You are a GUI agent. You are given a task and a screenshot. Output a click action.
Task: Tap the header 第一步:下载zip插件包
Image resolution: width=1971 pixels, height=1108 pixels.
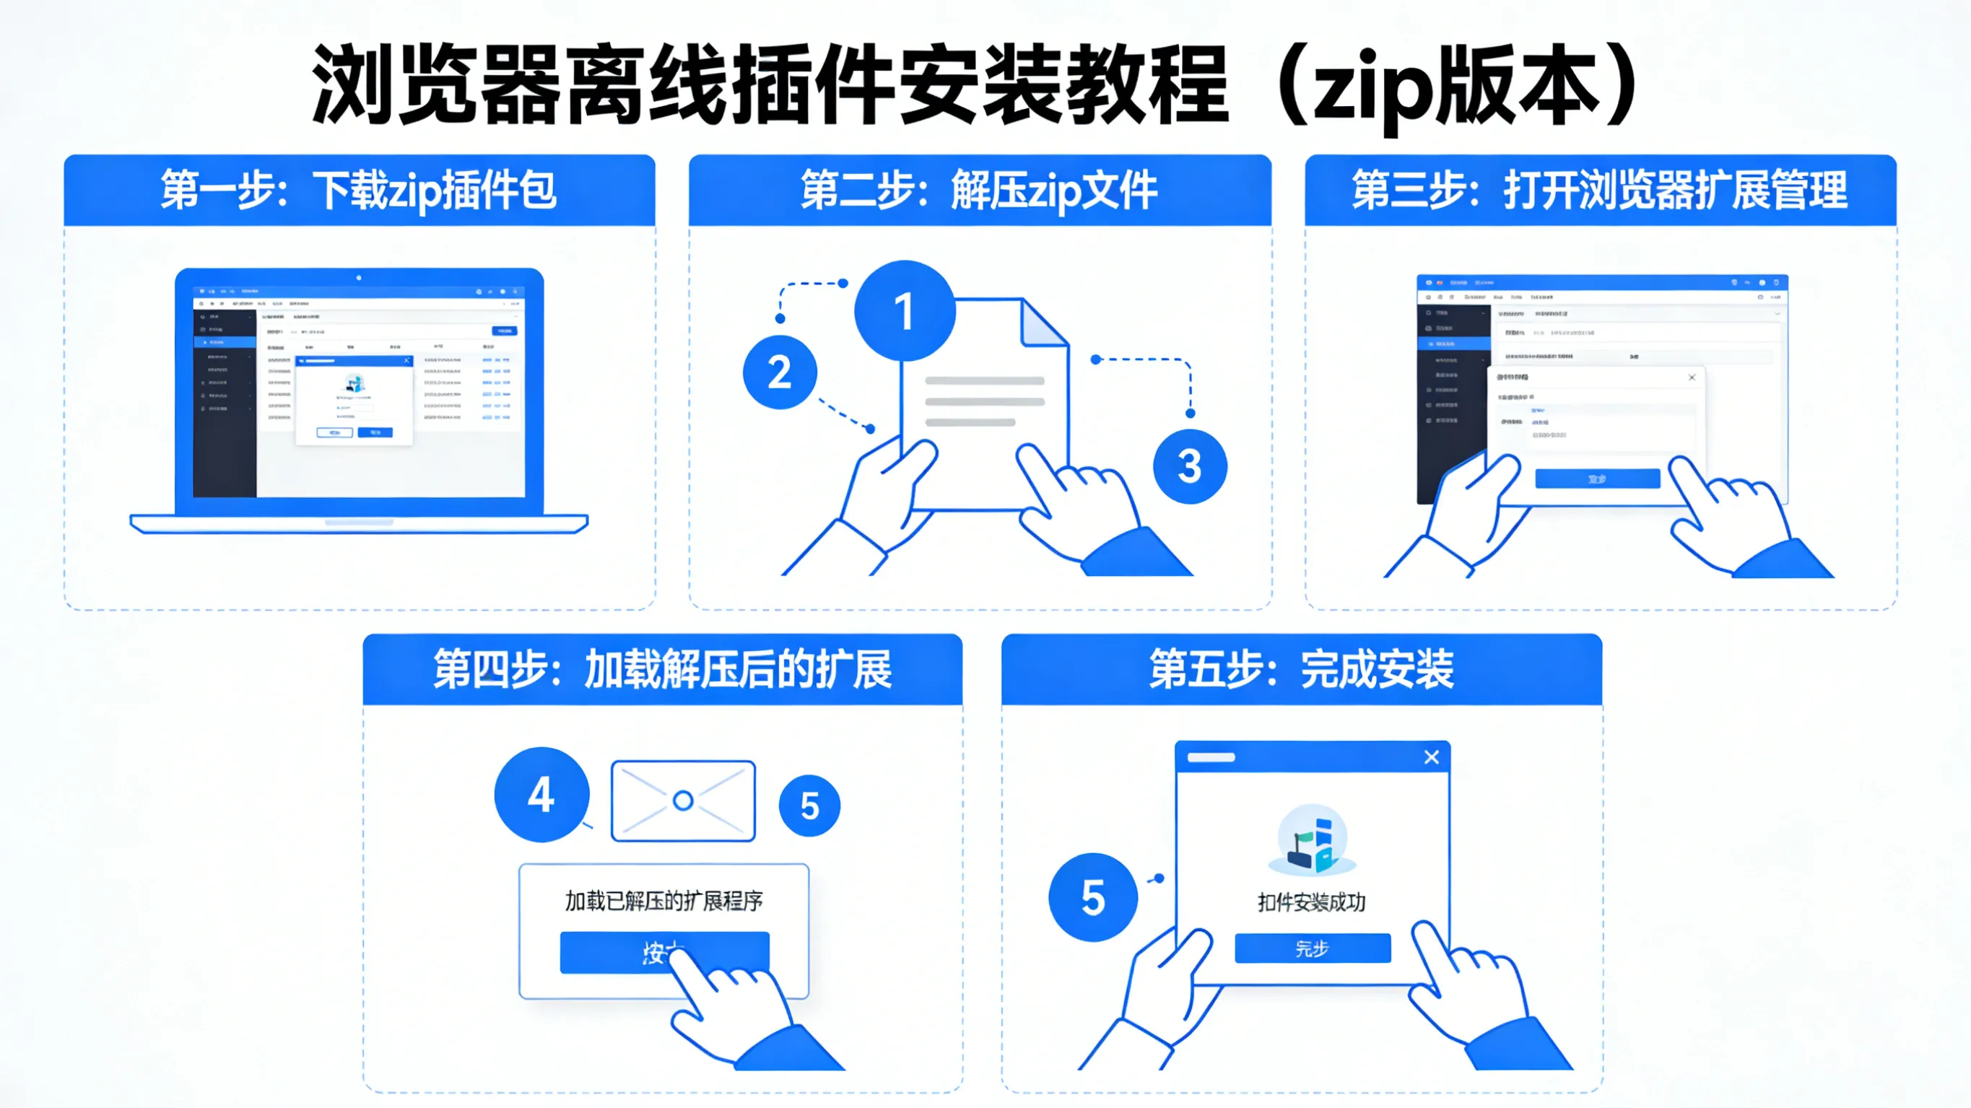(x=359, y=191)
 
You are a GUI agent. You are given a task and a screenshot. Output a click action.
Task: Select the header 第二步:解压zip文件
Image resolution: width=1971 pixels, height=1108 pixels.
(x=980, y=191)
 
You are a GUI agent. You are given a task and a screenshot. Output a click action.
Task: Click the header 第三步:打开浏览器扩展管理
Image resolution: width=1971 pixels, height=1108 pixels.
(x=1600, y=191)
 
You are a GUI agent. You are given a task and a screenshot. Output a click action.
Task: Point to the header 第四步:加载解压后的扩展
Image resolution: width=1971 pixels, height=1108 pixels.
(x=663, y=670)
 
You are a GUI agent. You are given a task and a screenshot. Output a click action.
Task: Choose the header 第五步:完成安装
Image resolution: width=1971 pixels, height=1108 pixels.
(x=1302, y=670)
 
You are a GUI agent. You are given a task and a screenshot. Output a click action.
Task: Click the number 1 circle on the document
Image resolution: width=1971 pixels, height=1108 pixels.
(x=905, y=310)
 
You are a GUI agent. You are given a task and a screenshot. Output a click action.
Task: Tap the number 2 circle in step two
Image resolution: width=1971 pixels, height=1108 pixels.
(x=780, y=372)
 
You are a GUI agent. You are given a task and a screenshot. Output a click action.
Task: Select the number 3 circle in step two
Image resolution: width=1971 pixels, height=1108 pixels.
(x=1190, y=466)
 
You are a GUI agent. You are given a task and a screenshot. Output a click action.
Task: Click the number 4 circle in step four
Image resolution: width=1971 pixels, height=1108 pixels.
(x=541, y=795)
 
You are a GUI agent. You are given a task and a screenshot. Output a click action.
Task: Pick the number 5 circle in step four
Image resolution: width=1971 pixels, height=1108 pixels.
(x=809, y=806)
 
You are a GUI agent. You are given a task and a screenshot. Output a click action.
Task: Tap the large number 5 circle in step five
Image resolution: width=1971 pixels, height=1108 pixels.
(x=1092, y=897)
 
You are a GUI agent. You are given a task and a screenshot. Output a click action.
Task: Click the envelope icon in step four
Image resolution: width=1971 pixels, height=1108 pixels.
(x=683, y=801)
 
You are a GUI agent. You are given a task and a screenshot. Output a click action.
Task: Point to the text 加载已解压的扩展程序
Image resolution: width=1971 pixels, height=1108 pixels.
(x=663, y=902)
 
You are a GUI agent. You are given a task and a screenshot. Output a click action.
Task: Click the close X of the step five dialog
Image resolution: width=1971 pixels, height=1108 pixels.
(x=1432, y=757)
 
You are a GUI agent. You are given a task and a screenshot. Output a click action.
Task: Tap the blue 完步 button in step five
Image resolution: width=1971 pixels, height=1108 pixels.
(x=1313, y=949)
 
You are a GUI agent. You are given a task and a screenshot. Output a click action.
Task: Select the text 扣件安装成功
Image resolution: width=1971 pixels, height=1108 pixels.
(x=1311, y=903)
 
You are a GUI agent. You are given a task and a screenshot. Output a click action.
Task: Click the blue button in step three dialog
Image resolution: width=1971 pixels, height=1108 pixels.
(x=1598, y=479)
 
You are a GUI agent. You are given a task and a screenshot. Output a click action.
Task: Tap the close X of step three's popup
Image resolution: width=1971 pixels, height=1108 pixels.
(x=1692, y=378)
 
